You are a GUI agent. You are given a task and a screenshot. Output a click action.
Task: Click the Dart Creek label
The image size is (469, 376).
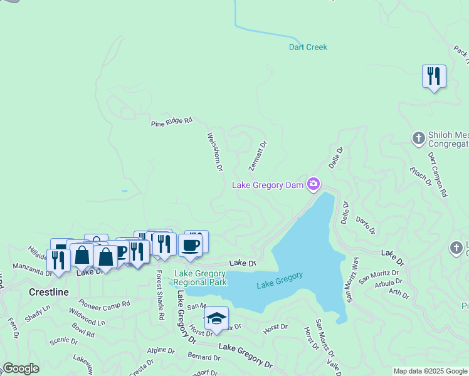[x=308, y=47]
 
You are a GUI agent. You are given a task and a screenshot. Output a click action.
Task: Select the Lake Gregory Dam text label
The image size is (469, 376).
[x=268, y=185]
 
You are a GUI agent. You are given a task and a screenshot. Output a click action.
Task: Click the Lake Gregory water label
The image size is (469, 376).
[x=280, y=281]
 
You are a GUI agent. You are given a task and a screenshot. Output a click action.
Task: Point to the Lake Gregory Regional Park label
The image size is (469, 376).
[x=200, y=278]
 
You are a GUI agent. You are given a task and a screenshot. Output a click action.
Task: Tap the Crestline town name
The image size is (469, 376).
[x=49, y=293]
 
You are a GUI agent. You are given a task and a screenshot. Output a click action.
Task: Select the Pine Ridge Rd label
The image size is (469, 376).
[x=171, y=122]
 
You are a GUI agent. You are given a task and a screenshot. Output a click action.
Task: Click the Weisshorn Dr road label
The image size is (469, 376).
[x=214, y=151]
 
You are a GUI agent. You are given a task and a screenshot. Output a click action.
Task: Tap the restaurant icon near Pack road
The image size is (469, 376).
[x=434, y=76]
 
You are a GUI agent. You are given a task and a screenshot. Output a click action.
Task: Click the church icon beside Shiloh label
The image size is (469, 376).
[x=419, y=137]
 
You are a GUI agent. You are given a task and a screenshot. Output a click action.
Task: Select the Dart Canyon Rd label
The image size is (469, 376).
[x=437, y=174]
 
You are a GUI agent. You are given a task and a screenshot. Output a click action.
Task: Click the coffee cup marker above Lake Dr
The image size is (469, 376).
[x=190, y=245]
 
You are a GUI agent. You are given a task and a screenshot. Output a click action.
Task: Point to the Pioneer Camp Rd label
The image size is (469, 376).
[x=105, y=304]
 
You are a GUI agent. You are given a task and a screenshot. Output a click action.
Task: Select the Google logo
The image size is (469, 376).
[x=21, y=368]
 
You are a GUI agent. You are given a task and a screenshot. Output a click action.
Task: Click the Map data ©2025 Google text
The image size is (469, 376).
[x=430, y=371]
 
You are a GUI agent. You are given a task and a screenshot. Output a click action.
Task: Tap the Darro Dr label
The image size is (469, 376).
[x=365, y=226]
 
